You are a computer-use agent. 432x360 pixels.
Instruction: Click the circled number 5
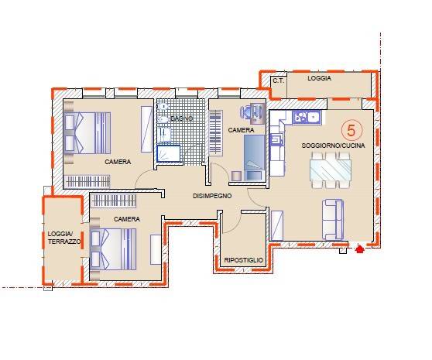tap(351, 130)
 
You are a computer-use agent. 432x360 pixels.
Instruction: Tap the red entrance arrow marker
tap(358, 249)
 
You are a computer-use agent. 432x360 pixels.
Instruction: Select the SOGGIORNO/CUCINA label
tap(333, 145)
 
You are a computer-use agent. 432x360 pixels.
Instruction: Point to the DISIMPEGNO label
tap(212, 196)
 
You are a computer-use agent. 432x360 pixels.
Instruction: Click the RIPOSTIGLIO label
tap(244, 260)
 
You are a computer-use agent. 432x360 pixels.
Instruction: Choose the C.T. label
tap(278, 81)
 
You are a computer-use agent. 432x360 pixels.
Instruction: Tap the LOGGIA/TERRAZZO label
tap(64, 238)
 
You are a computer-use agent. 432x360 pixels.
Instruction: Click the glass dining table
tap(331, 170)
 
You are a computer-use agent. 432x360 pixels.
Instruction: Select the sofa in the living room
tap(333, 220)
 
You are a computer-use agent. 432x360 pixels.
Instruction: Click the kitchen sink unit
tap(307, 118)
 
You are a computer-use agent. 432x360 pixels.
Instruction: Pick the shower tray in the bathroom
tap(168, 153)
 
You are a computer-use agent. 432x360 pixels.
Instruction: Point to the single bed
tap(254, 158)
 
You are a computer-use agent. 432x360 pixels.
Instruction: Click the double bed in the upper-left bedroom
tap(87, 132)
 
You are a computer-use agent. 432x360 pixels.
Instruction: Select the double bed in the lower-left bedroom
tap(113, 249)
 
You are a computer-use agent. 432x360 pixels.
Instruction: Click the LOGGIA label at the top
tap(319, 78)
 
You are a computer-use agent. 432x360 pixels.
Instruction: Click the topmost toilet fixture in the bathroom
tap(164, 106)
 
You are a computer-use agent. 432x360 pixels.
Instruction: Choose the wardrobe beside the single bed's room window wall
tap(215, 132)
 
